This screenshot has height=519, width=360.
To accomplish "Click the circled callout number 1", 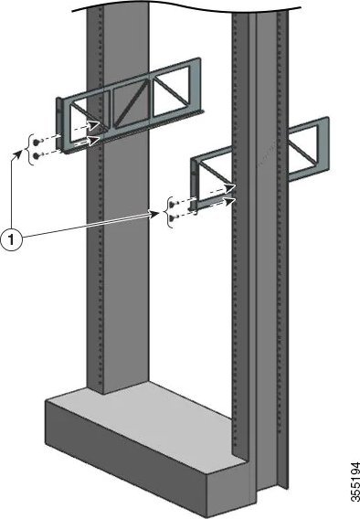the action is (12, 239).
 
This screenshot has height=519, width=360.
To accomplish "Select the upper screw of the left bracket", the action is (37, 142).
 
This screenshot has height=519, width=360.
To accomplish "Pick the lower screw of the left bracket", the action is (37, 155).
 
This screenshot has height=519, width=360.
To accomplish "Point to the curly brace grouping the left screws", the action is (31, 149).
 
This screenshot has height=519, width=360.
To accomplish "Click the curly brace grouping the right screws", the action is (170, 212).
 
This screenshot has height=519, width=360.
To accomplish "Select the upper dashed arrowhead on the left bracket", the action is (94, 125).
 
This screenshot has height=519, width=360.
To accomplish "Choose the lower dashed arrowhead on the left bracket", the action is (94, 141).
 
